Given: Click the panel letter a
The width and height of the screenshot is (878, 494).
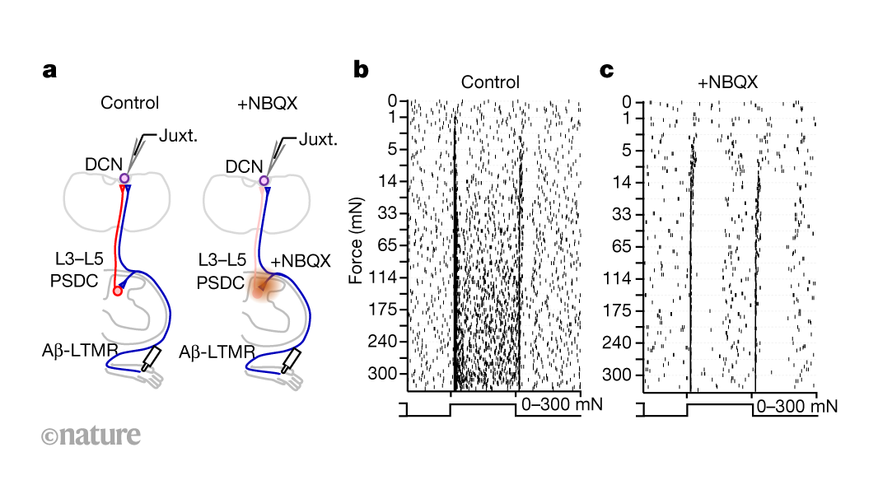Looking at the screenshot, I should pos(49,71).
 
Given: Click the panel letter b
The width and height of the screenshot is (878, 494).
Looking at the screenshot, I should pos(361,71).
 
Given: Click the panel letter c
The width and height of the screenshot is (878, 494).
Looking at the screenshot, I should pos(607,71).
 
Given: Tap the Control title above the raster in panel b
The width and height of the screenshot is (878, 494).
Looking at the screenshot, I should pos(490,82).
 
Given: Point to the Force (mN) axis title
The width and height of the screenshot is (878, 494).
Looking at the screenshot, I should pos(357,240).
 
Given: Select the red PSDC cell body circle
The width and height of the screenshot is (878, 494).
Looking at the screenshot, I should pos(118,291).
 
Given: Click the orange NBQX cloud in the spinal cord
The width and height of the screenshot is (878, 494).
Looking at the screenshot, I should pos(261,287).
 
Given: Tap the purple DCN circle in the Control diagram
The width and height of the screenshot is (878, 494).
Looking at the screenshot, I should pos(124,179).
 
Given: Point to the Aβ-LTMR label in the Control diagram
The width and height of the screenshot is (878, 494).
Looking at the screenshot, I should pos(80,352).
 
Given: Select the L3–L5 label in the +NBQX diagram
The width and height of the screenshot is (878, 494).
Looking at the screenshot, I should pos(221,261).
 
